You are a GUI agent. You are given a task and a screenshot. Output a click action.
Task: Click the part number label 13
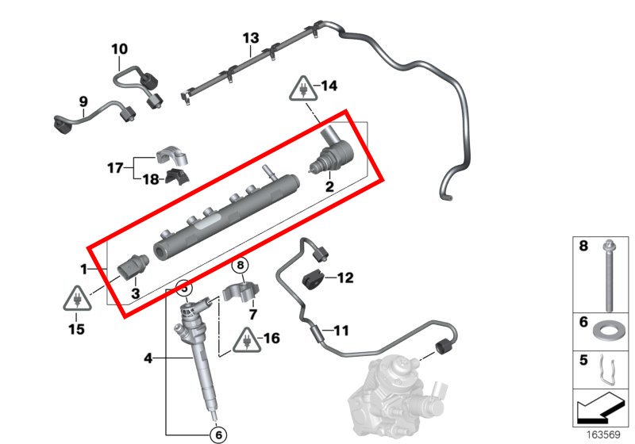click(x=251, y=37)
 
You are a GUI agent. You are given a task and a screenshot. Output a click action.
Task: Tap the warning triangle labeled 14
click(x=304, y=86)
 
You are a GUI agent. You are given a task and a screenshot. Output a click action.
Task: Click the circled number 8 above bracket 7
click(x=241, y=266)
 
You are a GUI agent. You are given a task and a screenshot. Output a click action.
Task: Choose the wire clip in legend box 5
click(x=606, y=367)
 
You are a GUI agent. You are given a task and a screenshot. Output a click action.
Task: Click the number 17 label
click(x=116, y=167)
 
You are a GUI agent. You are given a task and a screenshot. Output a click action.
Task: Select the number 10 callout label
click(x=119, y=49)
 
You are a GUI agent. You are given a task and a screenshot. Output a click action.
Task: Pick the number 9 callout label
click(x=82, y=101)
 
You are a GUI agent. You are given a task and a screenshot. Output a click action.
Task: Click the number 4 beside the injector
click(x=148, y=358)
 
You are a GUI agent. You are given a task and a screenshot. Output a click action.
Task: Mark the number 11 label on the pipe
click(x=340, y=330)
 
